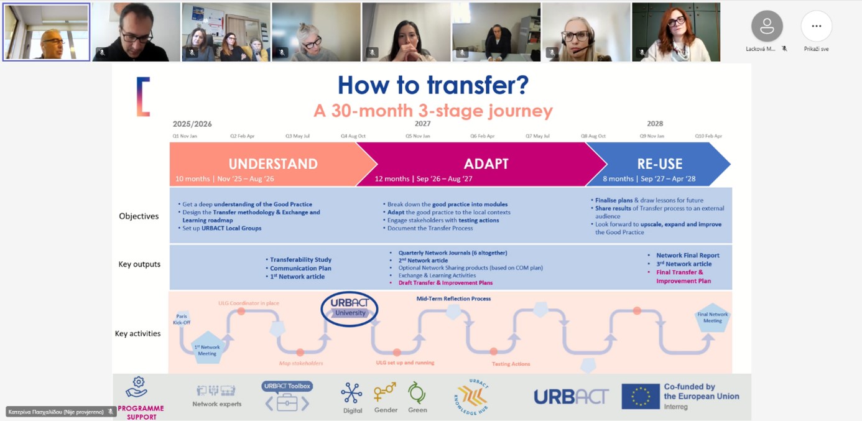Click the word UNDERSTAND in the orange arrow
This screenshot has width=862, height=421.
pos(273,164)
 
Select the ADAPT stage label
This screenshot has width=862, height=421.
pos(486,164)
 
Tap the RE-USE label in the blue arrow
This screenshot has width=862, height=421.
pos(659,164)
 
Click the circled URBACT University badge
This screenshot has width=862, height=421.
pos(350,308)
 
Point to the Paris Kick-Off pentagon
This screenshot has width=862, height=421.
pos(182,318)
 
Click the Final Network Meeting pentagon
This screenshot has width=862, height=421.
pos(712,318)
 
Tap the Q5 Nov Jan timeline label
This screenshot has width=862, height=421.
pos(417,136)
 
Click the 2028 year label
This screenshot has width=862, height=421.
pos(655,124)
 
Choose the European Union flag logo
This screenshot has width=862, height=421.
pos(640,396)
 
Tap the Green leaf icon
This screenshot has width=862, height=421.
pos(417,393)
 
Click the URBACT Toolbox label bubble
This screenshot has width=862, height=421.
pos(287,386)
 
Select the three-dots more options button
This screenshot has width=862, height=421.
pos(816,26)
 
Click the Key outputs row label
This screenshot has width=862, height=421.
pos(139,264)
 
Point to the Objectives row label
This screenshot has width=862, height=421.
pos(139,216)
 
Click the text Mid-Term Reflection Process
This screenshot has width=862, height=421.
pos(453,298)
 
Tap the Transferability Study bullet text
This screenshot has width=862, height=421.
pos(300,260)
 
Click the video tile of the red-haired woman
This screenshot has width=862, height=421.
pos(676,32)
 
